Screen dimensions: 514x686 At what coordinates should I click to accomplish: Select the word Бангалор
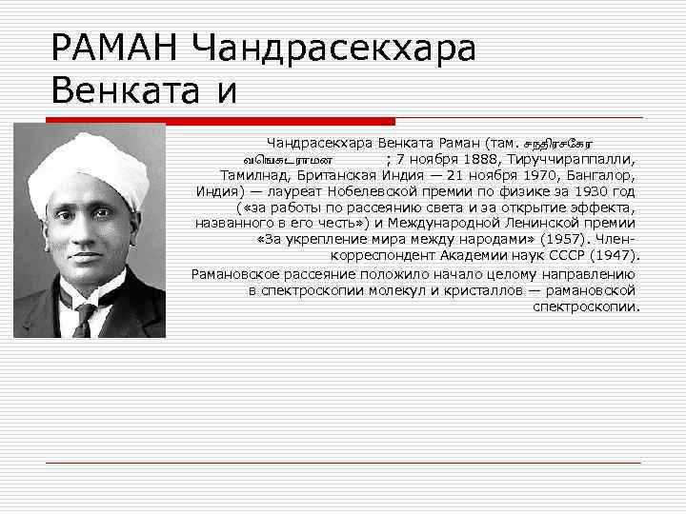tap(602, 175)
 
